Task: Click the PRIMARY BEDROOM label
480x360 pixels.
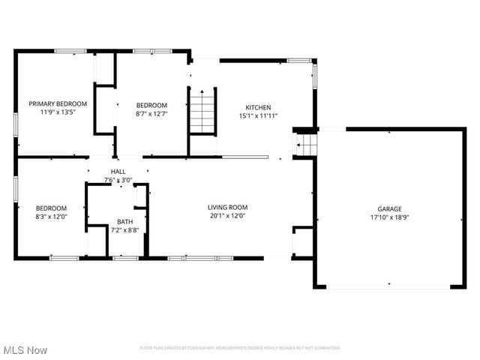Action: (58, 103)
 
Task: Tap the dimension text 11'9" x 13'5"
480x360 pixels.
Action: (58, 112)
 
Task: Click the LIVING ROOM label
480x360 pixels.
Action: (227, 207)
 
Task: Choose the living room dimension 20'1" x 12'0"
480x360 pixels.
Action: (227, 216)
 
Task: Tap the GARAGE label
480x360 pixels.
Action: (389, 209)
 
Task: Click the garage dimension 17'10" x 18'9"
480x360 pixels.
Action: (389, 218)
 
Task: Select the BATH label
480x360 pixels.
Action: (124, 222)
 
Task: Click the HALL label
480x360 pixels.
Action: (118, 172)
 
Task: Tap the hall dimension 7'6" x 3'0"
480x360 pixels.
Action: (118, 180)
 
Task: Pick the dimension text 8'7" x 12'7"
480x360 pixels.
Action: (151, 114)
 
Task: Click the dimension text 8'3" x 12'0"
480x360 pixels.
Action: (51, 217)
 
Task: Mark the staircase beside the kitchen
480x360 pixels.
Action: (201, 110)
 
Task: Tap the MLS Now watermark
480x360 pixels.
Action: (25, 350)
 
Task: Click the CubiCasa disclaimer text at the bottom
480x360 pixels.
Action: (240, 348)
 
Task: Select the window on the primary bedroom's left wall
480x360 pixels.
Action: (15, 123)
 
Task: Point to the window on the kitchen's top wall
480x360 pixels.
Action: (299, 60)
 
